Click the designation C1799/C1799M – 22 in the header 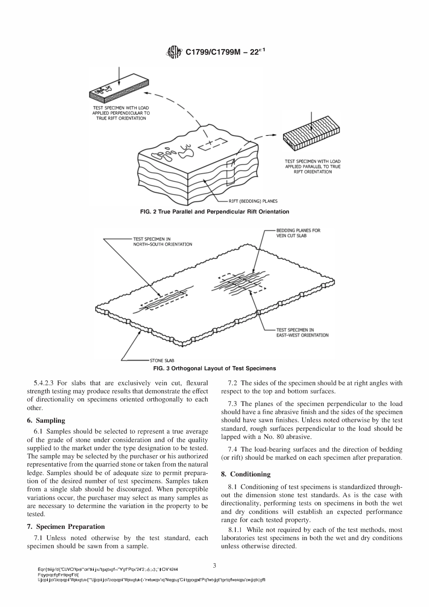(224, 52)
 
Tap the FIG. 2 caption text (214, 211)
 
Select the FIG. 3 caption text (214, 368)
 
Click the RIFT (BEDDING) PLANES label (256, 201)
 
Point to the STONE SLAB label (162, 360)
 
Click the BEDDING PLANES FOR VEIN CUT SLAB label (298, 233)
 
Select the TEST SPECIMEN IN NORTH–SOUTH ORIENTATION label (162, 242)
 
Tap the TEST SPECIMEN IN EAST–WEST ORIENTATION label (302, 332)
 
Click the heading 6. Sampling (46, 420)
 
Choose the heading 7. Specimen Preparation (66, 527)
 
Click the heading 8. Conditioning (246, 474)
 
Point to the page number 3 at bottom (214, 565)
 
